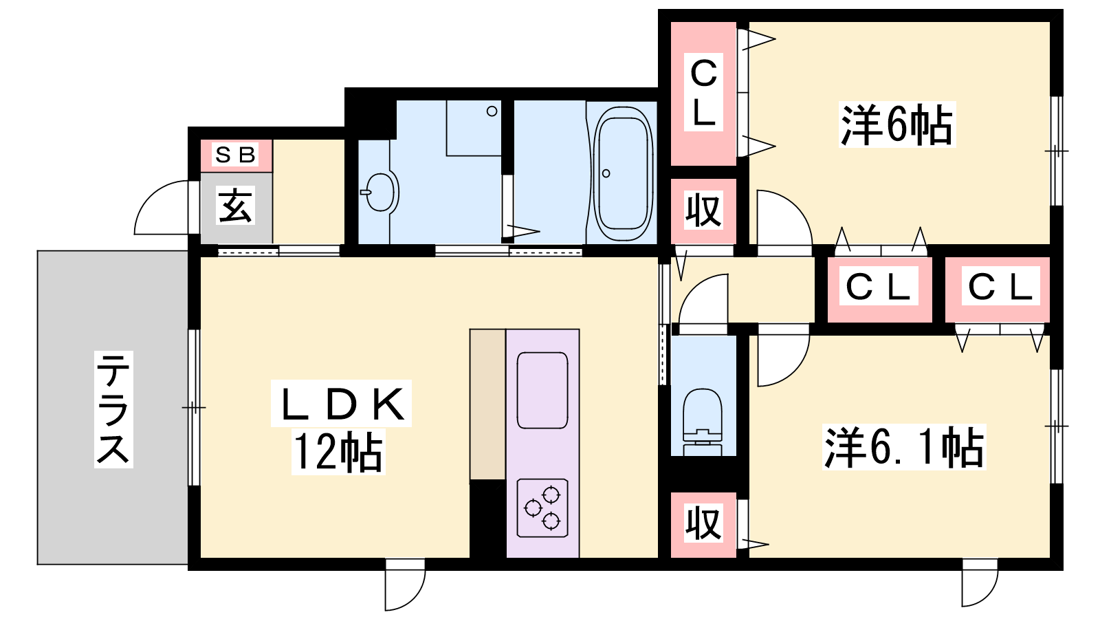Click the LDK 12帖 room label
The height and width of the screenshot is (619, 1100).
point(341,427)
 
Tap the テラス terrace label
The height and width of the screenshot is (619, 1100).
point(113,409)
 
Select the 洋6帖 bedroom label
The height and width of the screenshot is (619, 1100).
point(896,124)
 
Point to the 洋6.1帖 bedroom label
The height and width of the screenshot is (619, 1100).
point(904,447)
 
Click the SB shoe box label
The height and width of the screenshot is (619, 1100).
point(236,155)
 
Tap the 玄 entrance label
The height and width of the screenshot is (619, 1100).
point(234,206)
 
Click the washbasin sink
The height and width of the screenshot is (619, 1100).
point(380,192)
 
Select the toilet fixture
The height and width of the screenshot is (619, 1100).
point(703,422)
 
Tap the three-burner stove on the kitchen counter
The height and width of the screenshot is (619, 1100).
point(542,508)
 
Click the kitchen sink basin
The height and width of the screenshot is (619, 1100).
point(542,390)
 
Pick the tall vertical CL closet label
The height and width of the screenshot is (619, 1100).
point(703,92)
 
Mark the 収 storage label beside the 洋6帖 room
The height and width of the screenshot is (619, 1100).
point(703,211)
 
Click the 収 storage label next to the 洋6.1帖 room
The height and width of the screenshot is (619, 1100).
point(703,524)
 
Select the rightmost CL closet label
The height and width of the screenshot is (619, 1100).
point(1000,286)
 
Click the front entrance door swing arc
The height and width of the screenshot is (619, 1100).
point(147,202)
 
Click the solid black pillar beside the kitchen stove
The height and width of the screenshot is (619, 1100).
point(487,519)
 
